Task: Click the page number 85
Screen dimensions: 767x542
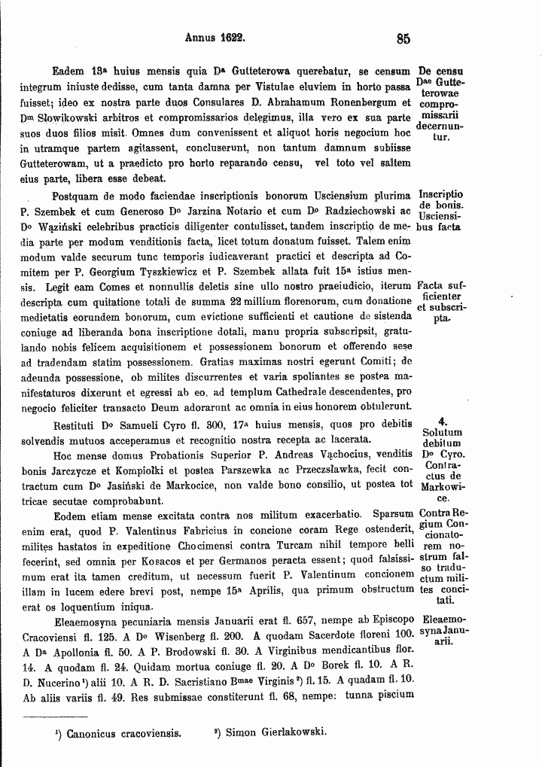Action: coord(401,38)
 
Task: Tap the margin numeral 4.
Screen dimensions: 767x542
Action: coord(442,422)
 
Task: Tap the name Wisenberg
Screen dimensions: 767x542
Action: coord(163,636)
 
